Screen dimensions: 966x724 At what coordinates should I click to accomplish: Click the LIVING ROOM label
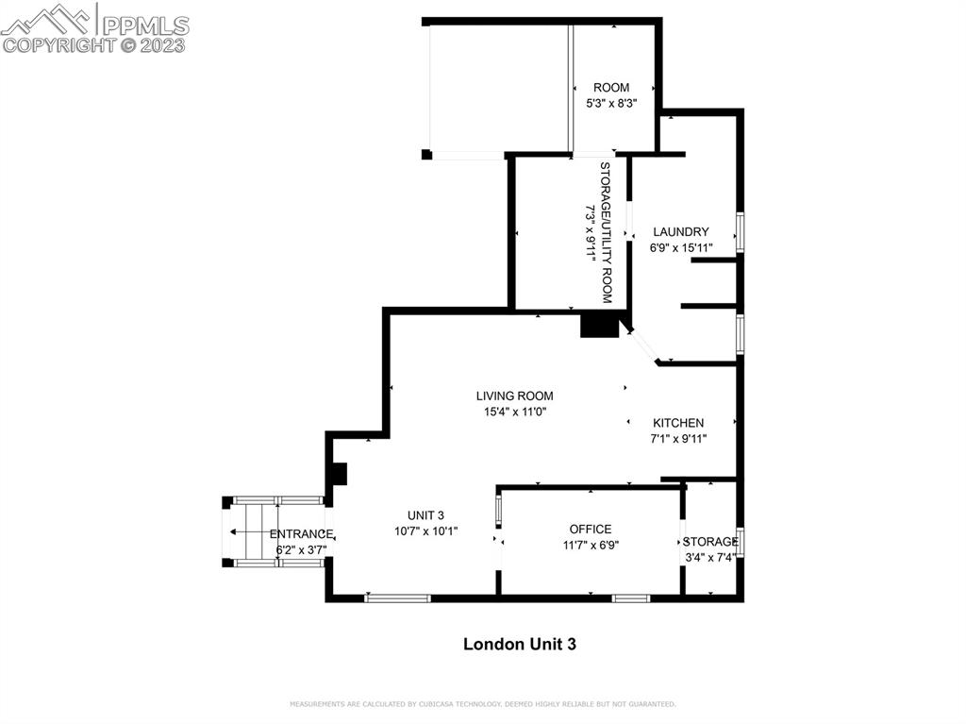tap(514, 396)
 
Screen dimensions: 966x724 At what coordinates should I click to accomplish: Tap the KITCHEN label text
tap(678, 423)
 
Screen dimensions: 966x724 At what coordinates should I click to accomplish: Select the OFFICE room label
tap(591, 530)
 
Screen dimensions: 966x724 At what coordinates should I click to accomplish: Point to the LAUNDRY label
tap(681, 232)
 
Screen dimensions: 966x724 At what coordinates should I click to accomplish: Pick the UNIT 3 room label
tap(425, 515)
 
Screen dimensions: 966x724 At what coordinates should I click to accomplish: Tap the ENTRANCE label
tap(301, 534)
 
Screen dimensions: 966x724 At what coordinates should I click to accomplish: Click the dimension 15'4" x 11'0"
tap(515, 412)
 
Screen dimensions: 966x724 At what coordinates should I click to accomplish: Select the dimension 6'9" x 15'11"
tap(681, 248)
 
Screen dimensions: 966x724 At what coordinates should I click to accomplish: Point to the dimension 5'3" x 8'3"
tap(611, 104)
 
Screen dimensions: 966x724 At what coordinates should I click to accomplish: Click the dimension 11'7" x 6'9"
tap(591, 546)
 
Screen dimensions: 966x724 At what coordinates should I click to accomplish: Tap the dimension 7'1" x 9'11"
tap(678, 439)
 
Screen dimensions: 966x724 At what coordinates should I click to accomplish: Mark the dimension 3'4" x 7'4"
tap(710, 558)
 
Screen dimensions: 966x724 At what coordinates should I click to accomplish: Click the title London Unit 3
tap(520, 645)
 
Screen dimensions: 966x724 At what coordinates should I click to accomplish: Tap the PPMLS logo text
tap(145, 25)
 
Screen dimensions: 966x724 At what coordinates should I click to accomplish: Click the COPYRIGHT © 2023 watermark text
tap(93, 45)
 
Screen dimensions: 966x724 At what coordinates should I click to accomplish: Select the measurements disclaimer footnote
tap(482, 703)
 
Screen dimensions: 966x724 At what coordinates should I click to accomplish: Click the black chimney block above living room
tap(599, 326)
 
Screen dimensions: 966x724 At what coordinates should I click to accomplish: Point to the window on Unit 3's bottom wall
tap(397, 598)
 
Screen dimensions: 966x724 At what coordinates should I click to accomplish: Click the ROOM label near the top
tap(611, 88)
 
